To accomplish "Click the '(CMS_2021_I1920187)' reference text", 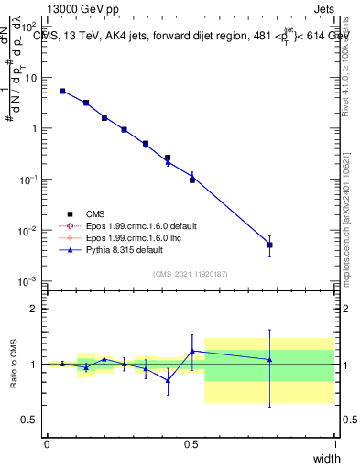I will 191,273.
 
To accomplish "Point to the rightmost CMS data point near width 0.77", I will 269,245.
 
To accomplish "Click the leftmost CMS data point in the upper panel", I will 62,91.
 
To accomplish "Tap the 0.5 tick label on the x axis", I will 191,444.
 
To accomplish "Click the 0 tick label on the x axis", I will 47,444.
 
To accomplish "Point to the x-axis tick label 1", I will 335,444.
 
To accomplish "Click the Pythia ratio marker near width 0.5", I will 192,351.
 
